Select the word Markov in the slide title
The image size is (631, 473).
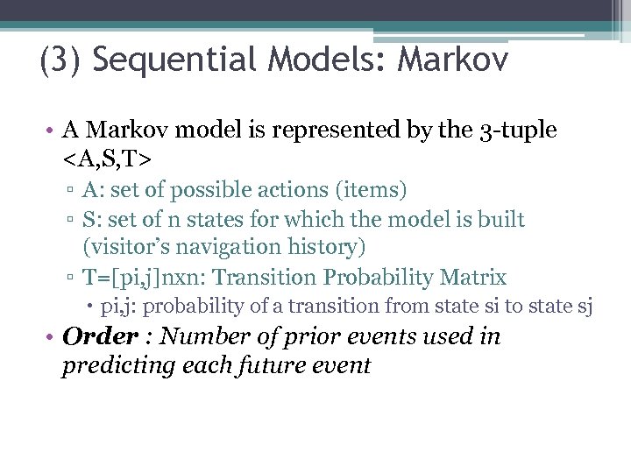pyautogui.click(x=454, y=61)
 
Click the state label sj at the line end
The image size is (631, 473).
pyautogui.click(x=585, y=307)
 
